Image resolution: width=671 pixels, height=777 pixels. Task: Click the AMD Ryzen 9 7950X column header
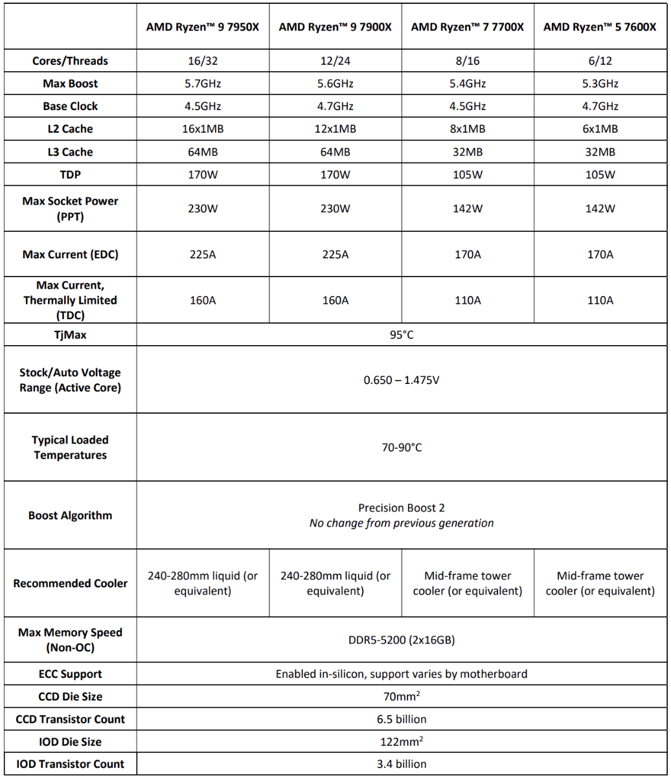[x=203, y=27]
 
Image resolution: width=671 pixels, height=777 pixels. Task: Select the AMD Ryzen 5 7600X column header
[x=600, y=27]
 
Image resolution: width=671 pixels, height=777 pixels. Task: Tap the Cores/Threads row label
[x=70, y=61]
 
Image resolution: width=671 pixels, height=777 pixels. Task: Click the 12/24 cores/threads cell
[x=335, y=61]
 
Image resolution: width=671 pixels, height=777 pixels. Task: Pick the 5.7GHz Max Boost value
[x=203, y=84]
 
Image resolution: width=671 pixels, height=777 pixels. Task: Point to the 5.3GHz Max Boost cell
[x=600, y=84]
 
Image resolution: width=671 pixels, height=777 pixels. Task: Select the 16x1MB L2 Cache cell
[x=203, y=129]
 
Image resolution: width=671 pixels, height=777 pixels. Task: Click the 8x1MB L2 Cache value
[x=468, y=129]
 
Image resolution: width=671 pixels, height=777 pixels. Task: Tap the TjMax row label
[x=70, y=335]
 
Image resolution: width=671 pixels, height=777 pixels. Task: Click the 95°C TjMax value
[x=402, y=335]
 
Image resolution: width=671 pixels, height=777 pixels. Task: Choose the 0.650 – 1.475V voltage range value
[x=402, y=380]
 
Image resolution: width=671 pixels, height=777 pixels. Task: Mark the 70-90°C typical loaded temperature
[x=402, y=447]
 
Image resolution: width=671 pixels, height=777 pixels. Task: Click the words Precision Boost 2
[x=402, y=508]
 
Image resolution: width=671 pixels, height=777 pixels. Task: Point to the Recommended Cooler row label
[x=70, y=583]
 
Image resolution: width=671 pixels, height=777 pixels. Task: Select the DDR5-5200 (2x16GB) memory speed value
[x=402, y=640]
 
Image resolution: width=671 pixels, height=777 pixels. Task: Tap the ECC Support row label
[x=70, y=674]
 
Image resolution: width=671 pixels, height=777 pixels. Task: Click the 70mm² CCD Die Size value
[x=402, y=697]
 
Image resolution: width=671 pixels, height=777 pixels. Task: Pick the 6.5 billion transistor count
[x=402, y=719]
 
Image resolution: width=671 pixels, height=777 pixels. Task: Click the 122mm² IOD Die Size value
[x=402, y=741]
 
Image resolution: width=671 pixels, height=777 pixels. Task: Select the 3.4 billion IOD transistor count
[x=402, y=764]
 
